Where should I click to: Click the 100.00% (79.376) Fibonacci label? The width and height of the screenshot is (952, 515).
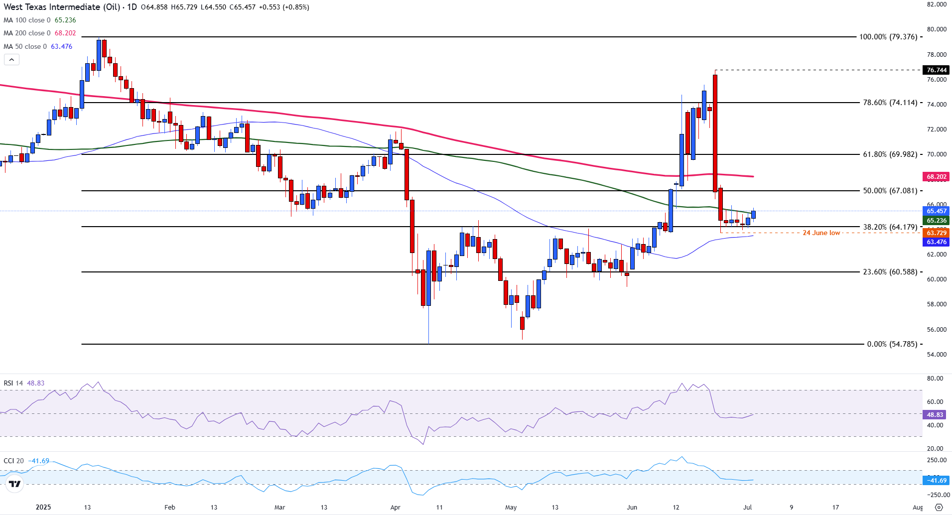point(888,37)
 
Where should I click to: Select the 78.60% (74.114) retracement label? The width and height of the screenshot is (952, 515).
point(890,103)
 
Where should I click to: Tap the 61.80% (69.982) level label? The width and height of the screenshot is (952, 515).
point(890,154)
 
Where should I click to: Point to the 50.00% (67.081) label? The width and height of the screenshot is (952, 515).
point(890,191)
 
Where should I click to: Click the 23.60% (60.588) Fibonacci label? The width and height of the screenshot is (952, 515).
point(890,272)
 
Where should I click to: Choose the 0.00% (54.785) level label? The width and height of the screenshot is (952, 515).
point(892,344)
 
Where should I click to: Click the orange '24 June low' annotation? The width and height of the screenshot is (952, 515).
point(821,233)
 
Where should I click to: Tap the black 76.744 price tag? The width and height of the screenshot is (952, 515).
point(936,70)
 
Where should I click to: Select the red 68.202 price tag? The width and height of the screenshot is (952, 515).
point(936,177)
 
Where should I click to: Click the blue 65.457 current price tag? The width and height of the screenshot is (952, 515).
point(936,211)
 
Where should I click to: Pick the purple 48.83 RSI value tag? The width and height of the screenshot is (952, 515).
point(935,415)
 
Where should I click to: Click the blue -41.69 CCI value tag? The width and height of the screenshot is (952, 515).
point(936,481)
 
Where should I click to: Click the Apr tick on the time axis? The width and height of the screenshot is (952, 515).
point(395,508)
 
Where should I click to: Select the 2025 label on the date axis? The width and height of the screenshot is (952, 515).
point(43,508)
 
